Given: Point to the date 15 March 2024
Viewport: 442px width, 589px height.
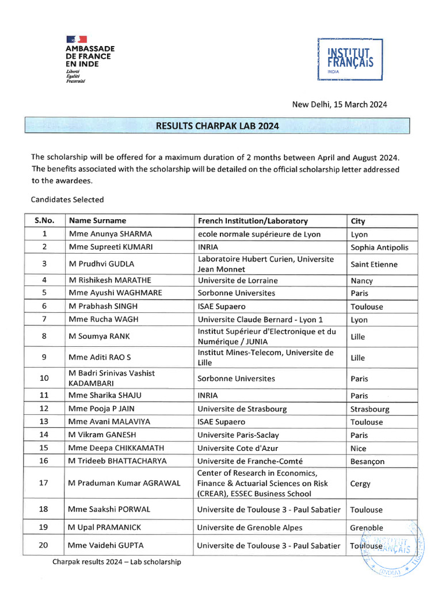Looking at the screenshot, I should (x=340, y=104).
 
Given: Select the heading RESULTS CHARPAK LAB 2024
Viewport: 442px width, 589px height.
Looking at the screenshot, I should (x=218, y=126).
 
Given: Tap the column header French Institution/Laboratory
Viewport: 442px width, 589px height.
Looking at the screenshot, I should (x=253, y=221).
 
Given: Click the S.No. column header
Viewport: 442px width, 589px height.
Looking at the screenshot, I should (x=44, y=221).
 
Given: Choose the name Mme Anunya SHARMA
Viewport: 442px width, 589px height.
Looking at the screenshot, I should (x=110, y=234).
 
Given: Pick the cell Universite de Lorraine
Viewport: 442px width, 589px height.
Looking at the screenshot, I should (x=237, y=281).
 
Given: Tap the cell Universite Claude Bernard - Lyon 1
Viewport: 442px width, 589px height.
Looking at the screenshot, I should (x=260, y=319).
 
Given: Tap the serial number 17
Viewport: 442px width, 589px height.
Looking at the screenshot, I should (x=44, y=483).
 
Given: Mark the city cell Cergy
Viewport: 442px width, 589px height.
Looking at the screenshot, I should (x=360, y=484).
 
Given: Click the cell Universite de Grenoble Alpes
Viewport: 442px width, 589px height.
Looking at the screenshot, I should (x=249, y=527).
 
